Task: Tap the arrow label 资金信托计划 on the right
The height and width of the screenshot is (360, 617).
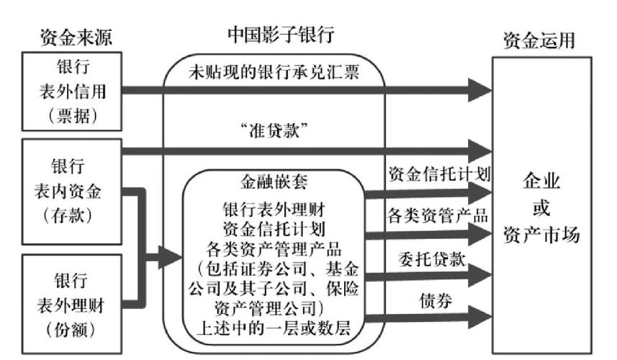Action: click(438, 174)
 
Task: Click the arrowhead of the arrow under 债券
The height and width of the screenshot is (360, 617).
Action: click(478, 319)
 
